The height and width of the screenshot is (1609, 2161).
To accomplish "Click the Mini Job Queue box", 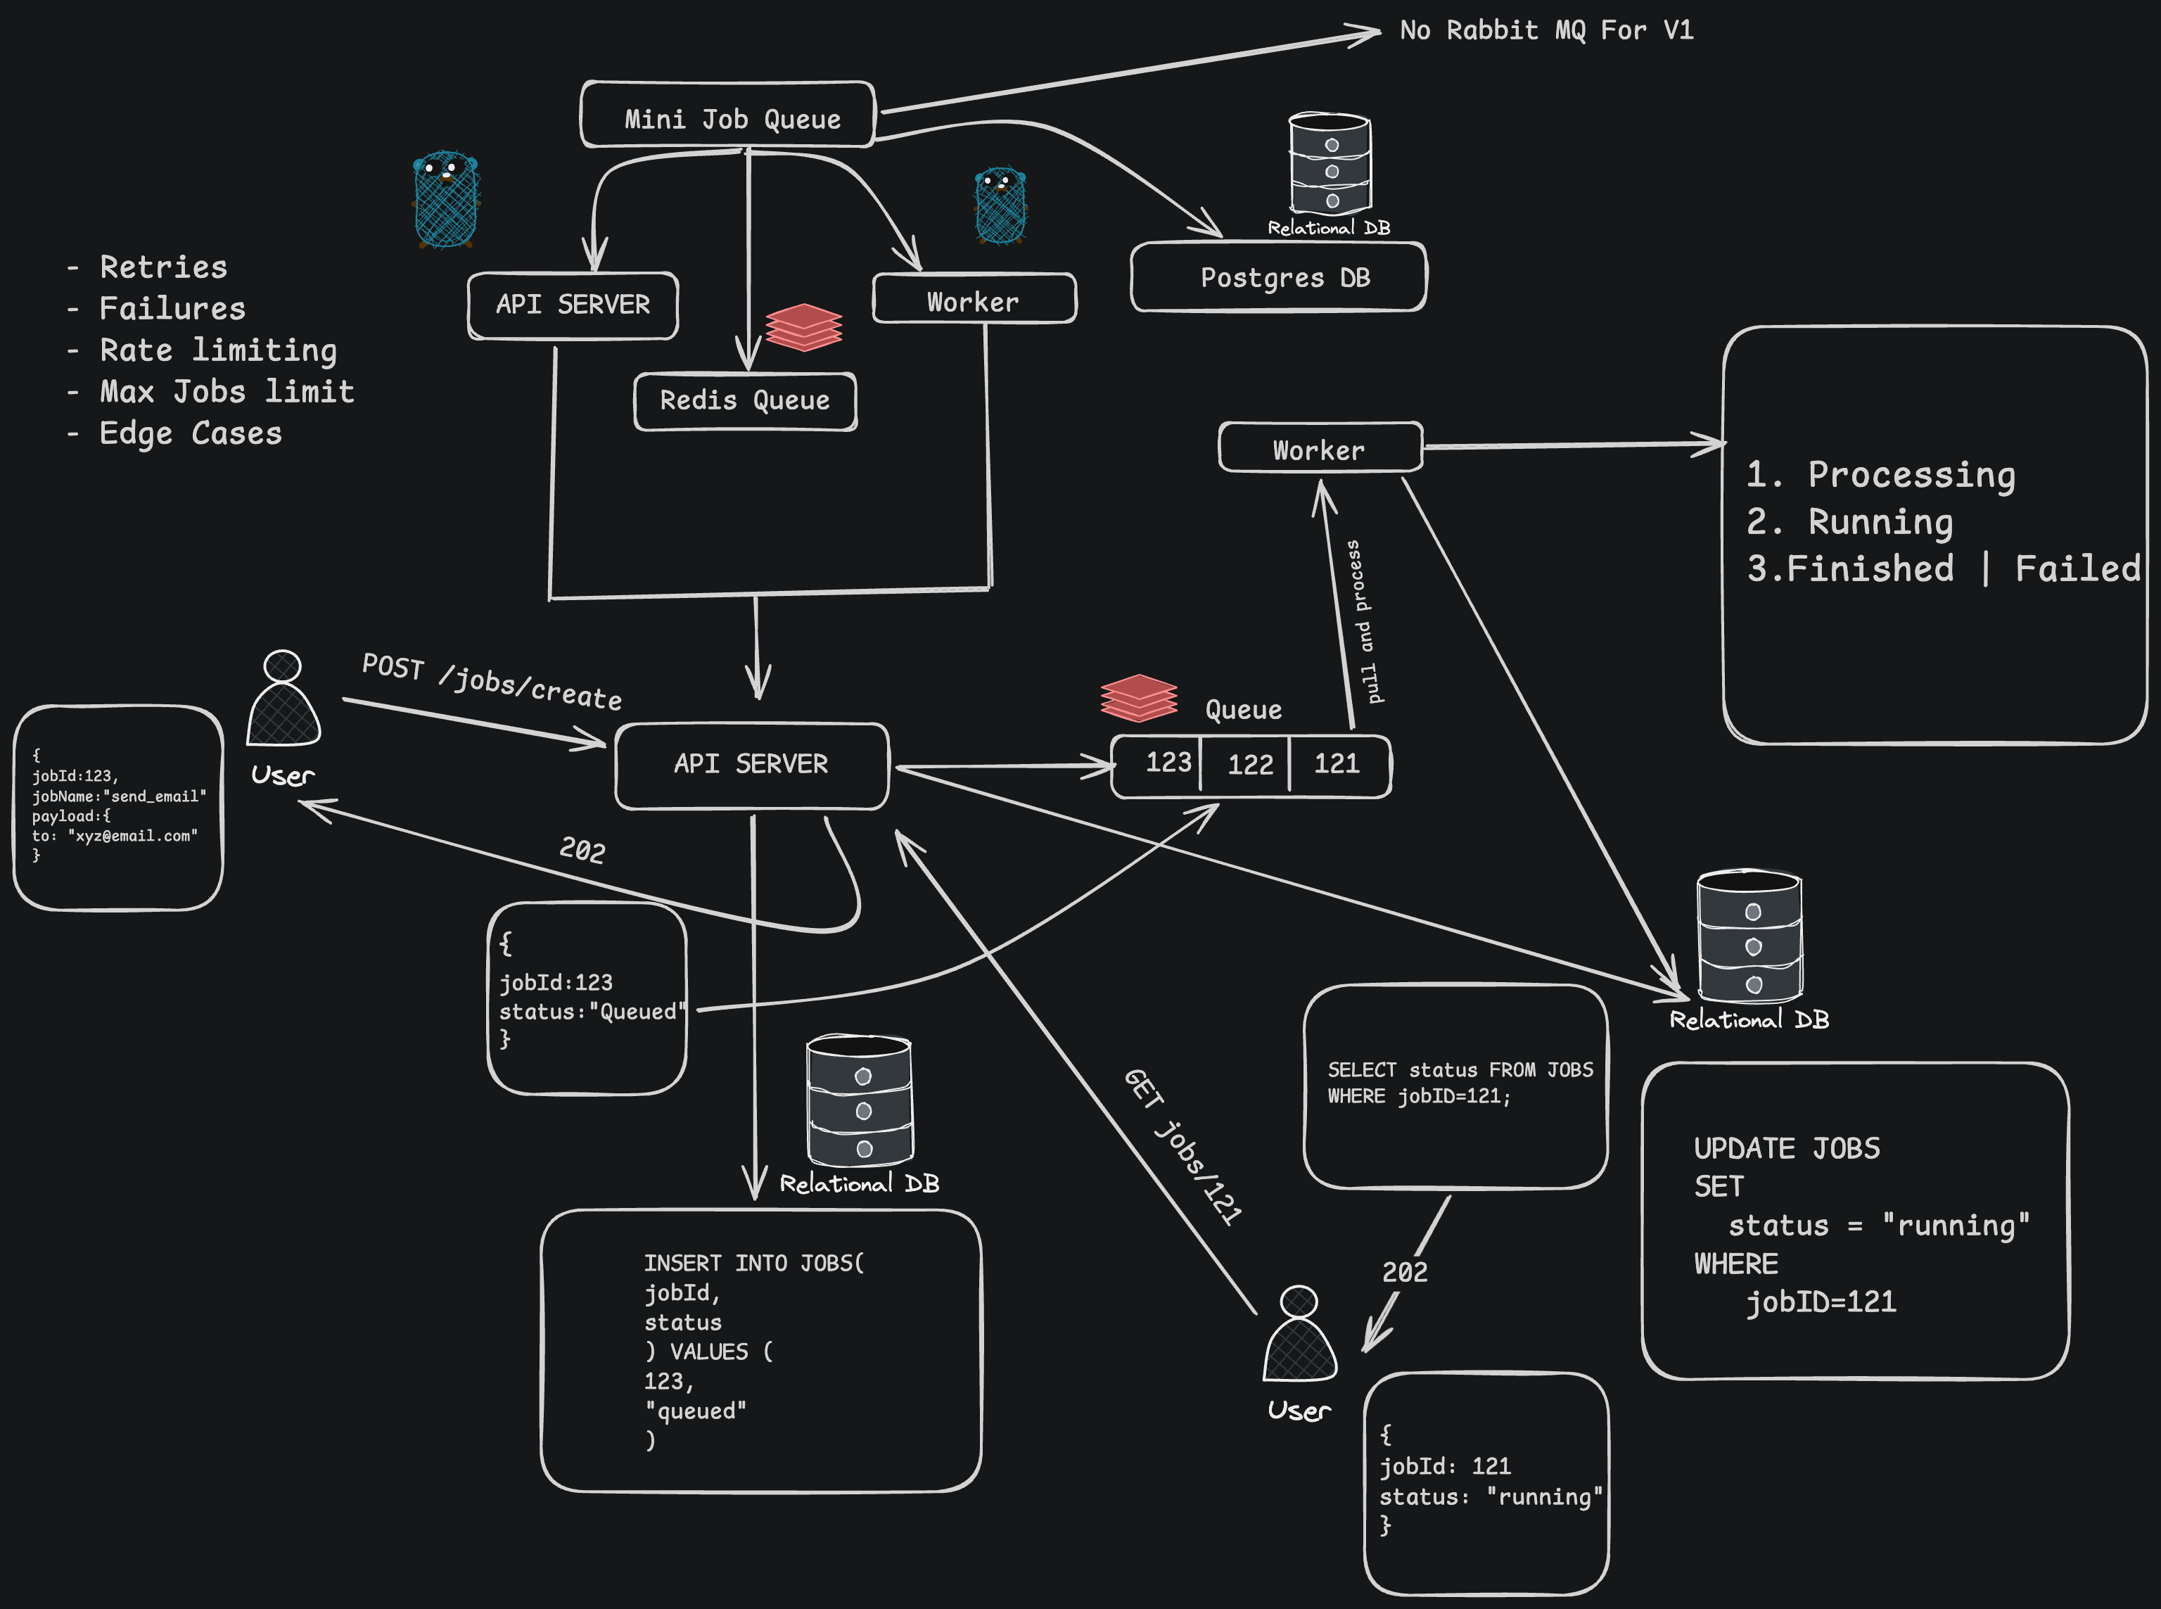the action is click(x=727, y=115).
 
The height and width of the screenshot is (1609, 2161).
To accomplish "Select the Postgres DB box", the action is click(x=1279, y=278).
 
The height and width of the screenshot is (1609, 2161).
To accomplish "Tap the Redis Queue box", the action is click(x=745, y=401).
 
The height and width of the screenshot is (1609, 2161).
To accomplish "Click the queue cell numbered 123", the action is click(x=1157, y=765).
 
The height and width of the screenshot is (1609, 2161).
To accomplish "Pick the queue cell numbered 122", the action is click(x=1246, y=765).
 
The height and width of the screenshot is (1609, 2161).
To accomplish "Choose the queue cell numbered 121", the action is click(x=1340, y=765).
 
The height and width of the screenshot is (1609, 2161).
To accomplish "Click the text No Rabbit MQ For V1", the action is click(x=1546, y=30).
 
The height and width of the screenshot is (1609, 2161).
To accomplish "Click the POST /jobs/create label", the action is click(x=492, y=682).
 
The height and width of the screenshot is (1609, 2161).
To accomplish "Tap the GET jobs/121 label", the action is click(x=1183, y=1146).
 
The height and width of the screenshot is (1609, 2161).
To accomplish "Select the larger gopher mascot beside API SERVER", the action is click(x=446, y=198).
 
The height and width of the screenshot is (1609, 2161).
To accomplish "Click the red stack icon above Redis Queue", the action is click(x=803, y=327).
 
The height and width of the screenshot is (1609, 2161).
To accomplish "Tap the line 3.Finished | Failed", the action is click(x=1943, y=568).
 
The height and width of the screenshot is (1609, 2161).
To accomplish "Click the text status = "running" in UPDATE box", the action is click(x=1879, y=1226).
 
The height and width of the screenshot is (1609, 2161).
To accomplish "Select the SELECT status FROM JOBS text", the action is click(x=1460, y=1069).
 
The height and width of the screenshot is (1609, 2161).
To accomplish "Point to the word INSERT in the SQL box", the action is click(x=682, y=1264).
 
